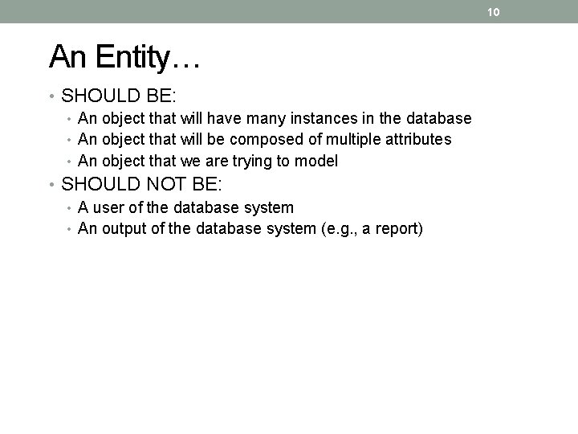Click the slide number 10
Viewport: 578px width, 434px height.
click(x=494, y=11)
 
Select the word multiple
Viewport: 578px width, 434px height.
click(x=347, y=140)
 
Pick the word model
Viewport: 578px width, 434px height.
click(x=316, y=161)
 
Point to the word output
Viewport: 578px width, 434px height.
click(x=127, y=229)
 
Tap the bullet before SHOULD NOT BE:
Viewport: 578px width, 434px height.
click(x=51, y=186)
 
